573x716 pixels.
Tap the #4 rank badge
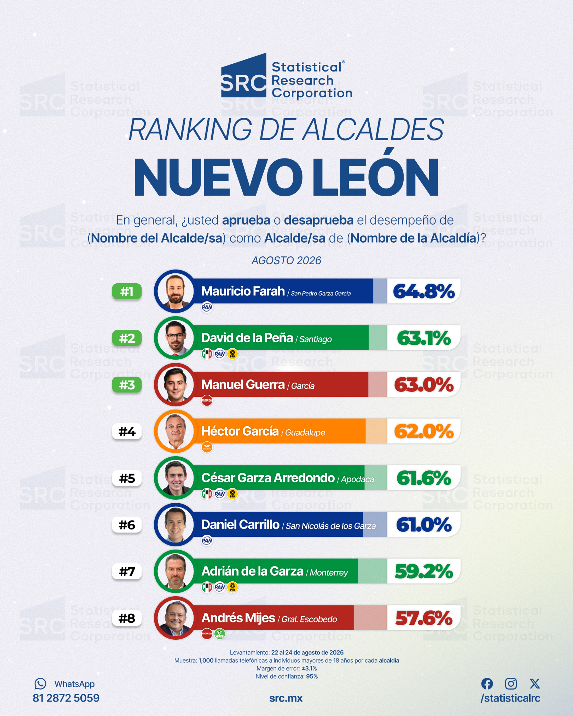click(127, 431)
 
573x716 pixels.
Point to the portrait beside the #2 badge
click(175, 338)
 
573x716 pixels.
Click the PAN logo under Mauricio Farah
click(207, 307)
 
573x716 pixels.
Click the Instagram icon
click(511, 683)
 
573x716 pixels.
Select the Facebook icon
click(487, 683)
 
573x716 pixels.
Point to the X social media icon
click(535, 683)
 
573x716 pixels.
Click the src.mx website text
click(286, 698)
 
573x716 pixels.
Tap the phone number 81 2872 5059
click(66, 698)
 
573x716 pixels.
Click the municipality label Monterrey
click(329, 573)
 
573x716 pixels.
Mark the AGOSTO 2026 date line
click(286, 260)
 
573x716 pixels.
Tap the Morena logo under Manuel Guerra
click(207, 401)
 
